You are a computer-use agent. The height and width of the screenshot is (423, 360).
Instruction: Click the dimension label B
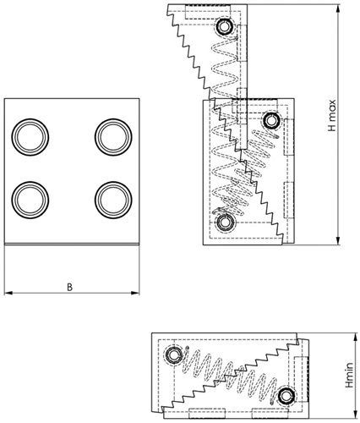point(69,287)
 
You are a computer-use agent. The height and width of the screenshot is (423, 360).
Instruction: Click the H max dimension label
point(332,115)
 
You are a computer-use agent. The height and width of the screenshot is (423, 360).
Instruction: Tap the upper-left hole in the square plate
point(30,137)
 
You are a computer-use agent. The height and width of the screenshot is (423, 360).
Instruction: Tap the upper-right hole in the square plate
point(113,137)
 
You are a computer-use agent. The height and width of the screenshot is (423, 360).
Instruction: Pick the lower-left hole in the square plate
point(30,200)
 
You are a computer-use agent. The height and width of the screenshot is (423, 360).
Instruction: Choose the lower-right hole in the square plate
point(113,200)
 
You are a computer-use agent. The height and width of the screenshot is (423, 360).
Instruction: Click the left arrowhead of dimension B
point(8,293)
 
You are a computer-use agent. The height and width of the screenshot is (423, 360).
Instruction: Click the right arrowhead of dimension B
point(135,293)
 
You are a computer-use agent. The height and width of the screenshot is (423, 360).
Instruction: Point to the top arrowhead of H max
point(339,8)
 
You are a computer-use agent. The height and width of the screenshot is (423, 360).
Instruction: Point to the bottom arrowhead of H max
point(339,240)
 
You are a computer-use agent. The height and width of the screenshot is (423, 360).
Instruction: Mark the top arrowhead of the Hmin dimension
point(354,337)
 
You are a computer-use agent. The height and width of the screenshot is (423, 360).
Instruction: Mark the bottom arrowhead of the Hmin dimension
point(354,415)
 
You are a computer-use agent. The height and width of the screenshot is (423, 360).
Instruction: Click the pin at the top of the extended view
point(224,27)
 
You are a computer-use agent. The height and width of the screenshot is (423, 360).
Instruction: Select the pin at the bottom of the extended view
point(224,222)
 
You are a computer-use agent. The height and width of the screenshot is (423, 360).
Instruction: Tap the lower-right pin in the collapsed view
point(286,397)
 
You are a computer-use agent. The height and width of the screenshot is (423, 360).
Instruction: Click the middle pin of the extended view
point(271,120)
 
